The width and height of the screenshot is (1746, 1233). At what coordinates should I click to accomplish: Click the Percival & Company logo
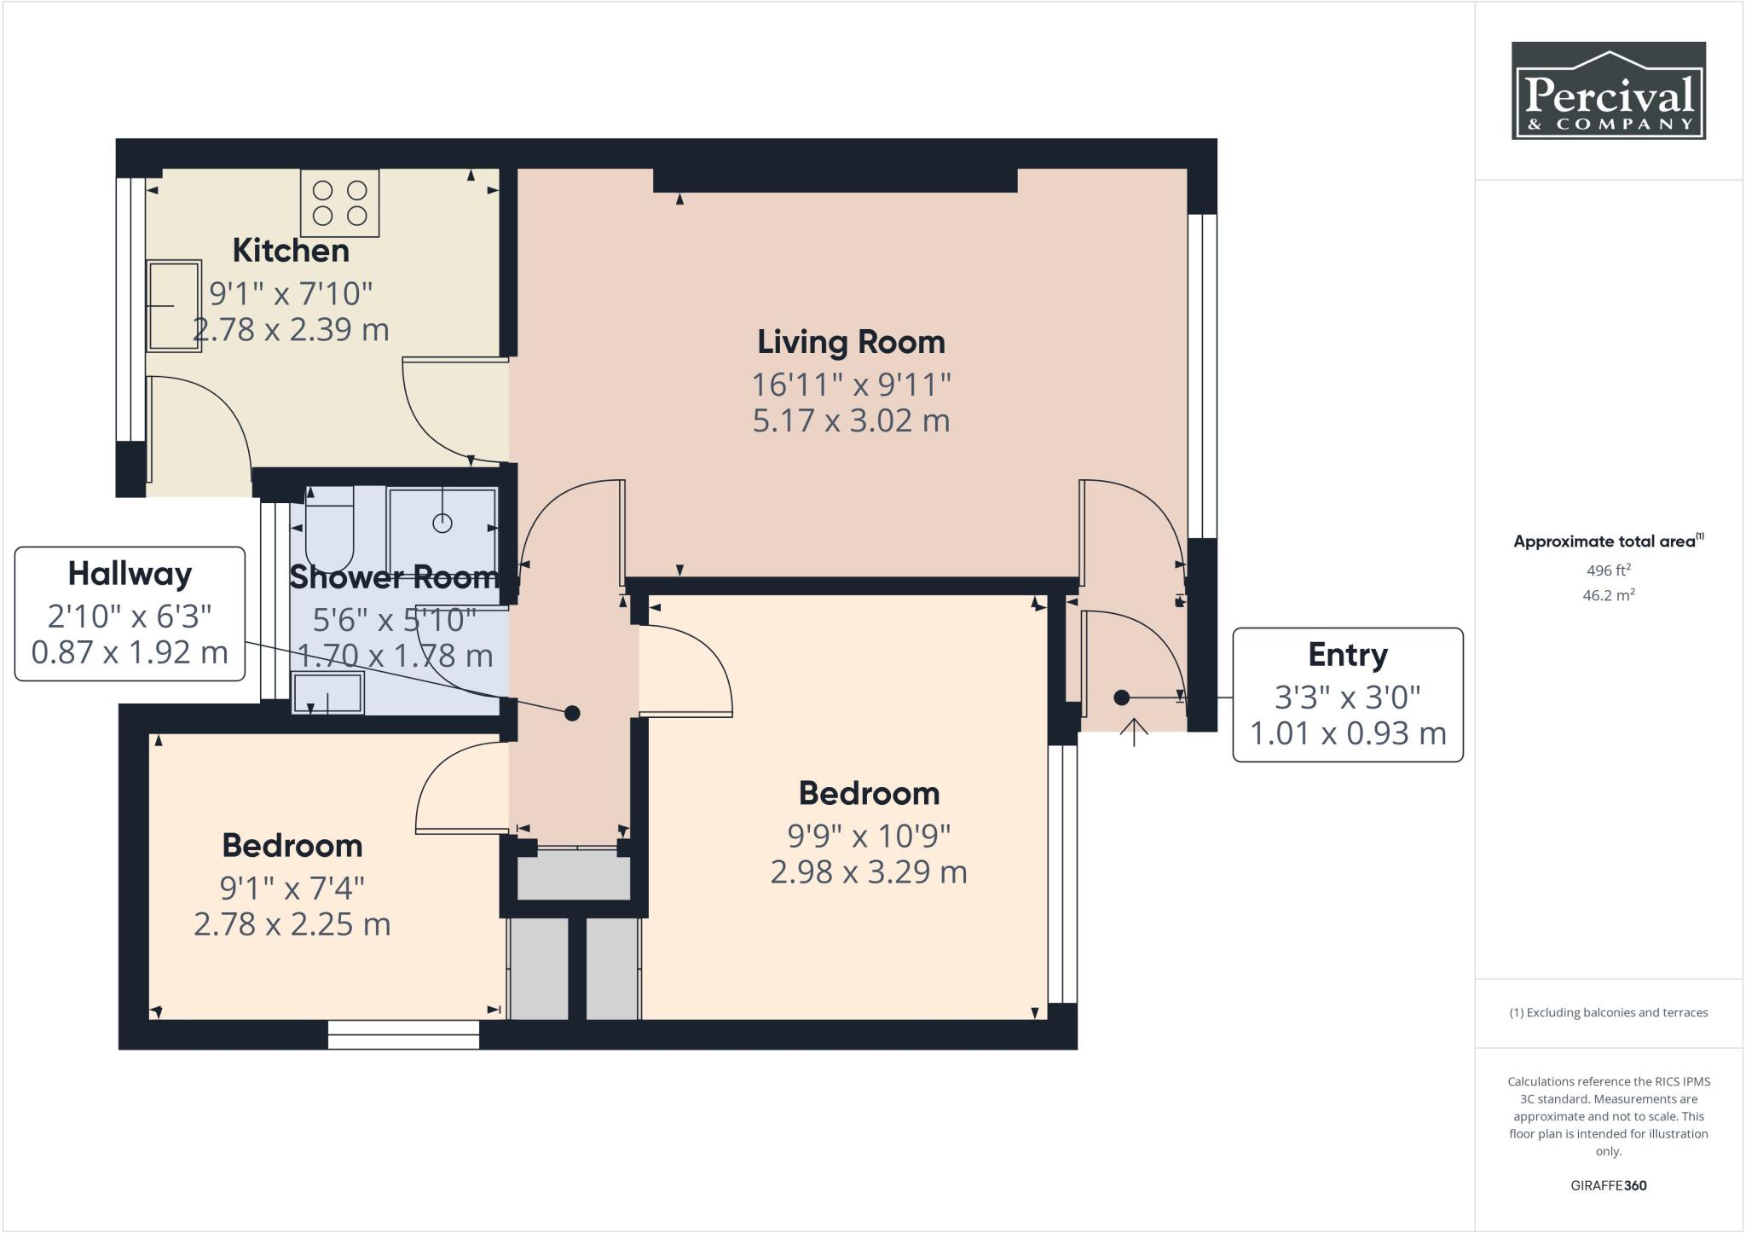1608,90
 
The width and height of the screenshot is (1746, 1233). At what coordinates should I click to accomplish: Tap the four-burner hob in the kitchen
339,203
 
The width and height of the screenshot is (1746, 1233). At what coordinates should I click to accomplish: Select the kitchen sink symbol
174,305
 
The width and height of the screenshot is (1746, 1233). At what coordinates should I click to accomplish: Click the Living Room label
851,342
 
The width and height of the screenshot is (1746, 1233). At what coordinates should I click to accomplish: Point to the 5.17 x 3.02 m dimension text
851,420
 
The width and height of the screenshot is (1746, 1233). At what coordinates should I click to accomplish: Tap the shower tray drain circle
442,523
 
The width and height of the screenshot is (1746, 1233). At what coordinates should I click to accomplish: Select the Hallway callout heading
130,574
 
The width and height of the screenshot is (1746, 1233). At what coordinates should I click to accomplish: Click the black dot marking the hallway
572,713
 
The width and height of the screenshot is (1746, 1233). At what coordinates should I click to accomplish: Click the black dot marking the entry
1122,698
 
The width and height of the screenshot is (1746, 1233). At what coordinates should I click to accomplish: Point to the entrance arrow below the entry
1134,732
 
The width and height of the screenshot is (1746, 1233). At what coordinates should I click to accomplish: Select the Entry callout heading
1347,655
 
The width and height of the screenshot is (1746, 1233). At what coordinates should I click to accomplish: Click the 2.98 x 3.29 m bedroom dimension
868,872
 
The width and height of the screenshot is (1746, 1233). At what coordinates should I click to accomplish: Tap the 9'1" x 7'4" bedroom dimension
292,889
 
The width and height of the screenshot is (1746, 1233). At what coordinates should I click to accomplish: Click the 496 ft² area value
1608,570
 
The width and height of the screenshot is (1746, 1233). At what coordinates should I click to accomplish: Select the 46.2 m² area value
1608,595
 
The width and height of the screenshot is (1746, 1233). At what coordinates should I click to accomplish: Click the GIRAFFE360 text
1608,1185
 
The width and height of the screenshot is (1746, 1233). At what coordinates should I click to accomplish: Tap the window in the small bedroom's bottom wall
403,1035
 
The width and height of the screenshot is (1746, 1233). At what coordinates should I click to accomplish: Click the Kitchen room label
291,251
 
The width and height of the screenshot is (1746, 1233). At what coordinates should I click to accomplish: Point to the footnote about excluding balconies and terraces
1608,1013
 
